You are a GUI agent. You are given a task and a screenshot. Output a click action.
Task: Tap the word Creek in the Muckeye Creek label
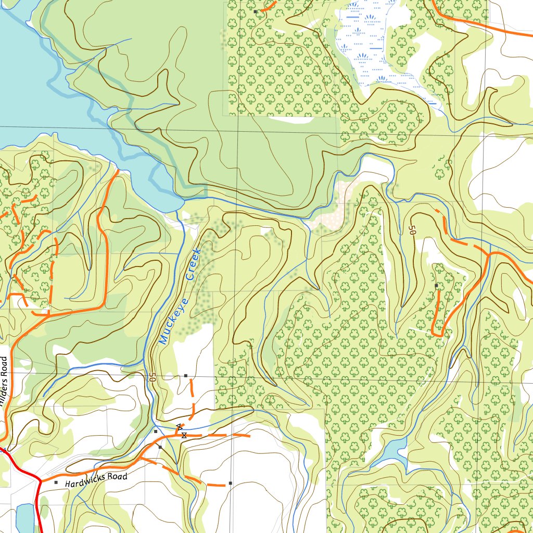coord(193,264)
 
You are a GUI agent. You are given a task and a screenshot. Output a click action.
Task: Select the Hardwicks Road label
coord(96,480)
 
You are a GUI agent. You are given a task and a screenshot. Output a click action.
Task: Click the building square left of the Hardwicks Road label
coord(56,483)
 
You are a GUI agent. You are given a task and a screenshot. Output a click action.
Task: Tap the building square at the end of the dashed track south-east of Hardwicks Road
coord(230,484)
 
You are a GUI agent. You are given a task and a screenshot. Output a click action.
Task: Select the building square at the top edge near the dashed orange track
coord(255,11)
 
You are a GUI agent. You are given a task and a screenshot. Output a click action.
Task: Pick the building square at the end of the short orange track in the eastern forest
coord(436,286)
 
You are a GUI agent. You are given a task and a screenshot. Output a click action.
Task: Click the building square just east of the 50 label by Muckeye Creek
coord(185,375)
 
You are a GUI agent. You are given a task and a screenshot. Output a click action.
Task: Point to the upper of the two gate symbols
coord(179,427)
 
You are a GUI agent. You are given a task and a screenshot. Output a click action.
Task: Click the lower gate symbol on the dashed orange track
coord(184,435)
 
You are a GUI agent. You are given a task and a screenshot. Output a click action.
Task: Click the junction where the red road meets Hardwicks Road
coord(40,479)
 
